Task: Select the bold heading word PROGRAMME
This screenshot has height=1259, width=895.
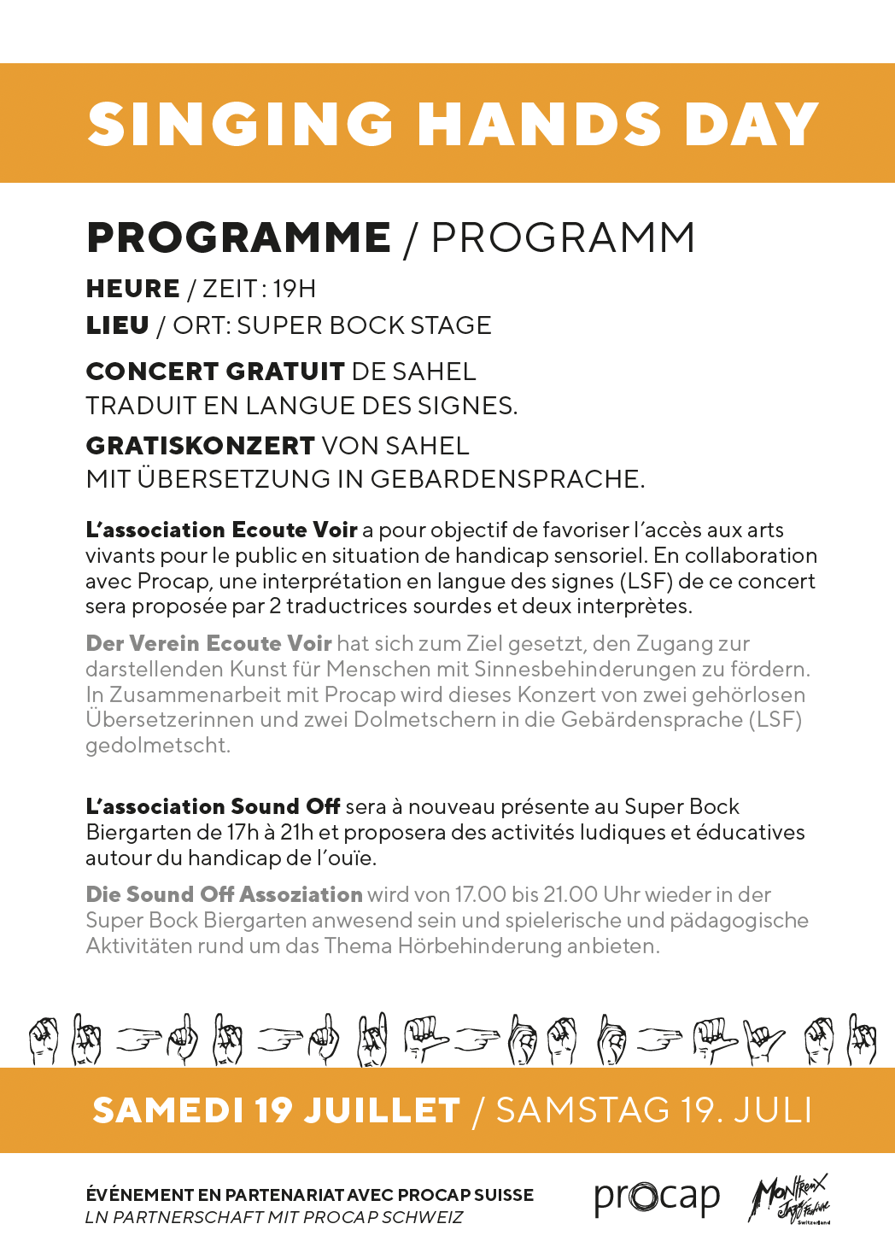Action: click(238, 237)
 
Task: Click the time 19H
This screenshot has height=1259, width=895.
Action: click(295, 289)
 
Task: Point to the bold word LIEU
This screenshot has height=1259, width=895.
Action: click(118, 325)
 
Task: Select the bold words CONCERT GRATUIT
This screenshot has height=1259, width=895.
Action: click(215, 372)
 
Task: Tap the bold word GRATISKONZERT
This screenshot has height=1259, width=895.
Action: click(201, 446)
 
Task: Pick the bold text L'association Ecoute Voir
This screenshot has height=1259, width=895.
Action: click(221, 530)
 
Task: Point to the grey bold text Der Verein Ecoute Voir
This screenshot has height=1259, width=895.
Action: click(208, 643)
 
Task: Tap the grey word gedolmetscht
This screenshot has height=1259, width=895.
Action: click(158, 745)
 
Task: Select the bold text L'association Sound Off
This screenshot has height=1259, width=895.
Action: click(213, 806)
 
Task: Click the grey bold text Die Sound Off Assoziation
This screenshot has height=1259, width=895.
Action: click(224, 894)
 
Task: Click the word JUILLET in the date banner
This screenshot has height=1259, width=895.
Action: click(383, 1110)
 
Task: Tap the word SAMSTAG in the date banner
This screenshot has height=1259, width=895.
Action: click(582, 1110)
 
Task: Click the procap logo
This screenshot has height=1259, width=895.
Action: click(657, 1198)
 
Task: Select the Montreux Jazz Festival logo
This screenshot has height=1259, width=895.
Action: click(789, 1198)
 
